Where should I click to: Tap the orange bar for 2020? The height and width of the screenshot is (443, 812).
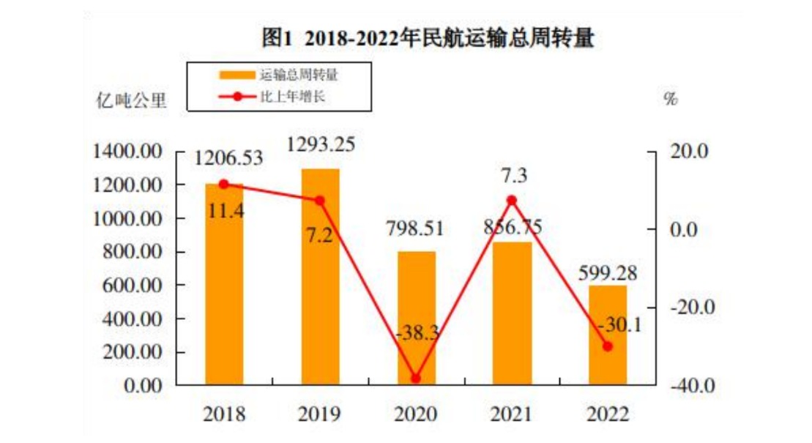pos(416,315)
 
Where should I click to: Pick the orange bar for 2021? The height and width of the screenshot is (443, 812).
pos(512,315)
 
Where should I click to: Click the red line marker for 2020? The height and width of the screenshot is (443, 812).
pos(416,379)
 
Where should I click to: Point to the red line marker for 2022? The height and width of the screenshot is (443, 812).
pos(608,346)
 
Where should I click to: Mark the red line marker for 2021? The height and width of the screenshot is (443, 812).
pos(512,200)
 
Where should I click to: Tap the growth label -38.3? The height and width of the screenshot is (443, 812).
pos(416,334)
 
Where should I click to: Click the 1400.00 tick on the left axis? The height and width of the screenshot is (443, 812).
pos(127,152)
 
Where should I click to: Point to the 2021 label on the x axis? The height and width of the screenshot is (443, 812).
pos(512,414)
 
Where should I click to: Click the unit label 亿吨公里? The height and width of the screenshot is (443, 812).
pos(133,100)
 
